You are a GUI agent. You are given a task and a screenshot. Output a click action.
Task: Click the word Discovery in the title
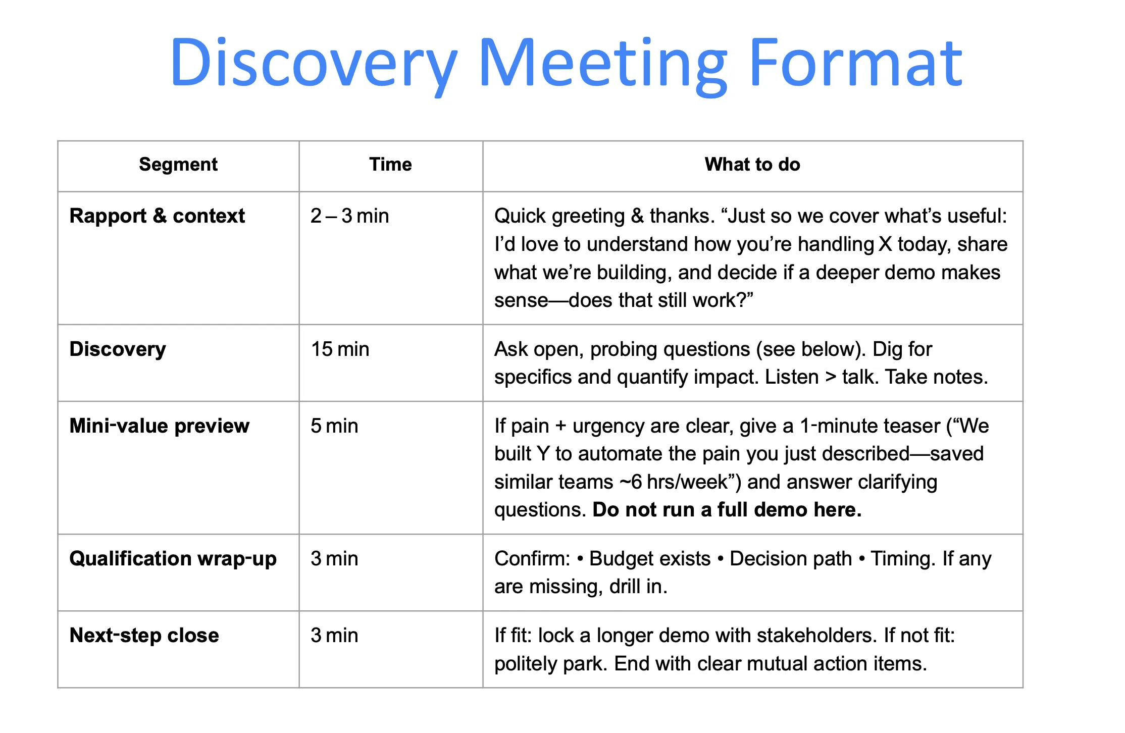[313, 63]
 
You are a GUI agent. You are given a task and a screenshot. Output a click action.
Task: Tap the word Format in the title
[855, 63]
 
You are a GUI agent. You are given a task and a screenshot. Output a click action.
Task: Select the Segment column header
[178, 165]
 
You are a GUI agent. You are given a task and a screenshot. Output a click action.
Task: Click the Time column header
[390, 165]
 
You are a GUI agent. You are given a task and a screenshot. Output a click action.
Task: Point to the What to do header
[752, 165]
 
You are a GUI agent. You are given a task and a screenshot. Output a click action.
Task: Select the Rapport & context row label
[157, 216]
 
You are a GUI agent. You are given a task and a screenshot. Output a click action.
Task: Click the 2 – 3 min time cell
[349, 216]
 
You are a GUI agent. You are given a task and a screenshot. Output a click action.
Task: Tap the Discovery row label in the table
[118, 349]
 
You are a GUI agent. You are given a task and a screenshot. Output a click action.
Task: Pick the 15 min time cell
[340, 349]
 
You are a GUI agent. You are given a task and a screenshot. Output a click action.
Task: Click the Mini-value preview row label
[159, 426]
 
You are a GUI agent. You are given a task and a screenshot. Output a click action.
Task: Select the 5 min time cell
[334, 426]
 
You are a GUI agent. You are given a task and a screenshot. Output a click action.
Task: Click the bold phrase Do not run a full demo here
[727, 510]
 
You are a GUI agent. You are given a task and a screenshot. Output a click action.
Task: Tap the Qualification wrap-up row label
[173, 559]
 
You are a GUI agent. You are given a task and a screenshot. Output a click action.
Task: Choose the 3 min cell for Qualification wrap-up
[334, 559]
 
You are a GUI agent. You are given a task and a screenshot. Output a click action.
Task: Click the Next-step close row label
[144, 636]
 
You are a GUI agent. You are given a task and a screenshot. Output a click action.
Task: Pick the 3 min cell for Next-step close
[334, 636]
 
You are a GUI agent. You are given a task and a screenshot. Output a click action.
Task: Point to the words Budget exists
[650, 559]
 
